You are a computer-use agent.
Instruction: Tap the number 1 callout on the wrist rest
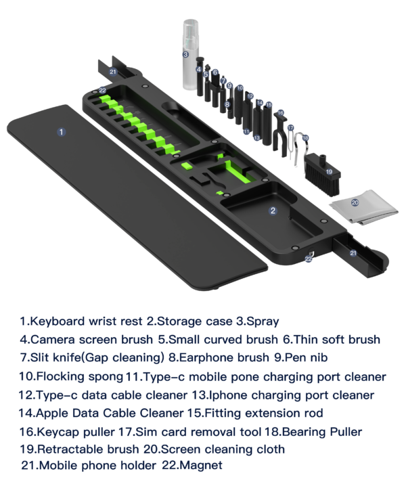[62, 131]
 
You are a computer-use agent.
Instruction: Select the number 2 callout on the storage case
[273, 210]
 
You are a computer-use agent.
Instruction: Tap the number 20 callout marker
[355, 202]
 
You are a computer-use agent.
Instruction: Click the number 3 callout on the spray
[185, 54]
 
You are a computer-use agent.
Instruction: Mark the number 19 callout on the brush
[329, 172]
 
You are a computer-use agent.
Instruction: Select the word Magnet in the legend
[201, 466]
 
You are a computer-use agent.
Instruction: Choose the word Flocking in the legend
[60, 376]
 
